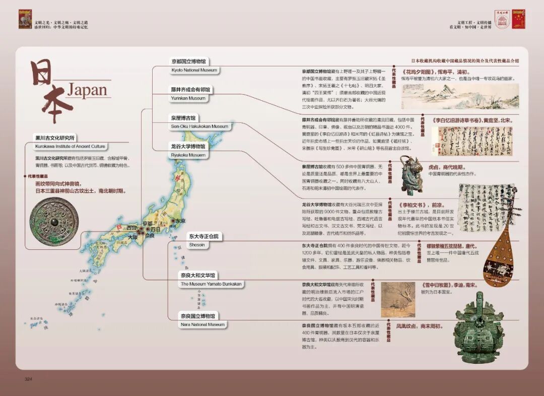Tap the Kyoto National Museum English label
(194, 71)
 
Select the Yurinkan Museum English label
(188, 98)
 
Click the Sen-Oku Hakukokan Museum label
(199, 126)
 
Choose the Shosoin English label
(196, 245)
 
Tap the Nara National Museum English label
(202, 325)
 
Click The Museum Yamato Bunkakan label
(211, 284)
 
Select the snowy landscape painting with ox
(398, 300)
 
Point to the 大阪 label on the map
(132, 237)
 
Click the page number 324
(29, 379)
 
